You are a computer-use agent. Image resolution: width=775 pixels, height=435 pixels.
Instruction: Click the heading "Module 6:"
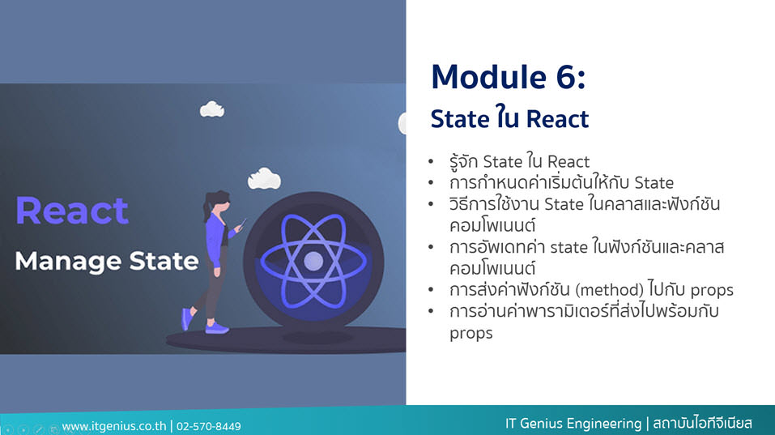(x=508, y=77)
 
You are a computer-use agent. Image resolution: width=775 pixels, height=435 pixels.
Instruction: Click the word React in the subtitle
(x=557, y=119)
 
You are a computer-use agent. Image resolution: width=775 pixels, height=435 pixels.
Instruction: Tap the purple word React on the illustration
(x=72, y=211)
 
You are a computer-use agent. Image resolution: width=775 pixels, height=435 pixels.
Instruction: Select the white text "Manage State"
(x=107, y=261)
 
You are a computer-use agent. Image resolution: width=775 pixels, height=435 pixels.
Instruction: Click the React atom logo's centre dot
(x=313, y=261)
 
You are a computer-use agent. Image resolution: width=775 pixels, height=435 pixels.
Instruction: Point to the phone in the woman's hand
(x=242, y=223)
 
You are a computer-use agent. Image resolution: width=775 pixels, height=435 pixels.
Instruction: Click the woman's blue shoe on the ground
(x=216, y=328)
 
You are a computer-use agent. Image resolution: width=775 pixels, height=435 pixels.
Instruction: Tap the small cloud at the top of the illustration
(x=212, y=109)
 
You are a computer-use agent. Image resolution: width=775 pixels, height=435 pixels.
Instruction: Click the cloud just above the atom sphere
(x=265, y=179)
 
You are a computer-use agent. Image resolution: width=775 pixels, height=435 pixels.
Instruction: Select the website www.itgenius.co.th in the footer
(x=114, y=426)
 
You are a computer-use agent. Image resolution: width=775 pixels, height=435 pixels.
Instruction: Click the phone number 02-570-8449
(x=209, y=426)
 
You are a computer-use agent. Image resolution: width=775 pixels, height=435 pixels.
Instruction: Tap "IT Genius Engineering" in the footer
(x=573, y=424)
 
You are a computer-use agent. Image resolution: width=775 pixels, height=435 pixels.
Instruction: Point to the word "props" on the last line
(x=471, y=333)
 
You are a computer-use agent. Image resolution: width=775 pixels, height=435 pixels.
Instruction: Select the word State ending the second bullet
(x=654, y=183)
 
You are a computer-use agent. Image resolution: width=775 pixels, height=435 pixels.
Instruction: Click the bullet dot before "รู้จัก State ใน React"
(x=431, y=162)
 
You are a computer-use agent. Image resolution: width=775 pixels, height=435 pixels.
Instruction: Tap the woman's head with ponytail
(x=218, y=203)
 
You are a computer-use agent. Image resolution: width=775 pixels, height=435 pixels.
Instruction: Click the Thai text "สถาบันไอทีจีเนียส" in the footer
(x=702, y=424)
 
